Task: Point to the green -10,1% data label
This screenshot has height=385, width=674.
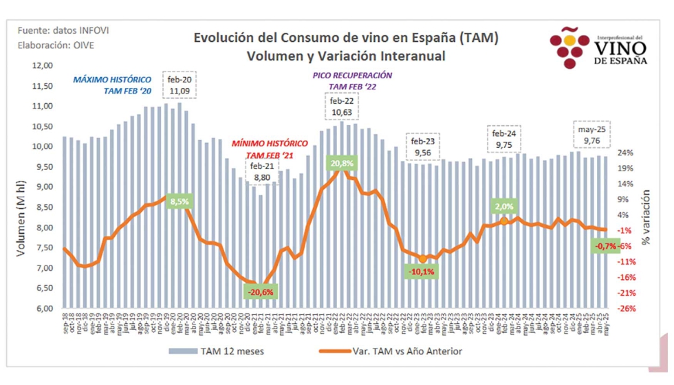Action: (422, 272)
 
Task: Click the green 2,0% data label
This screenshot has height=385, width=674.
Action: (503, 206)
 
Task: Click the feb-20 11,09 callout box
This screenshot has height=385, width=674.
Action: (180, 85)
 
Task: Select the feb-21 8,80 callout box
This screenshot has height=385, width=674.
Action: (263, 171)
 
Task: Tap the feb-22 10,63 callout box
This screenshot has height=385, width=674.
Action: (342, 107)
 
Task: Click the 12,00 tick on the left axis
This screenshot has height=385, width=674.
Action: (43, 66)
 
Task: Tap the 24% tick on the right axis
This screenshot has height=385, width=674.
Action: (625, 153)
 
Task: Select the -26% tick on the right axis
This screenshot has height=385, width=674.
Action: (625, 309)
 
